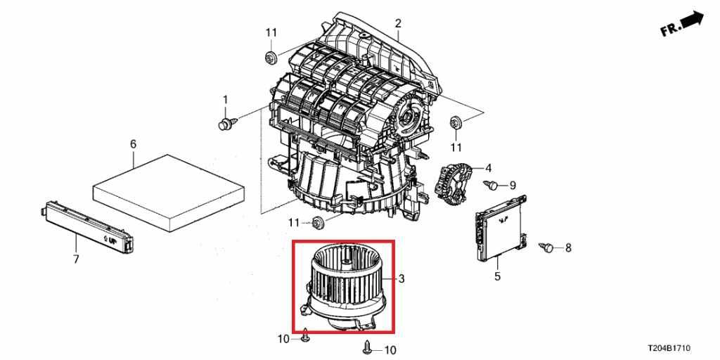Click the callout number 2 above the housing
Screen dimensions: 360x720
[x=397, y=24]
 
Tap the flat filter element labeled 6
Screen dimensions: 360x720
[x=169, y=191]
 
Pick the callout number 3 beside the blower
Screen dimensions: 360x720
[x=401, y=279]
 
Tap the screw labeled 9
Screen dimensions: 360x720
[x=493, y=185]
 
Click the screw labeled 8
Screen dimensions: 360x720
[x=546, y=247]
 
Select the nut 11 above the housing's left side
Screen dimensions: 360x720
[x=270, y=56]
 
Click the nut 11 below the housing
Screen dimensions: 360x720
[x=317, y=224]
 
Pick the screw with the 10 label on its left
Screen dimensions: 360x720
[x=305, y=338]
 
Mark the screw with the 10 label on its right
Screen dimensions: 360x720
[x=367, y=347]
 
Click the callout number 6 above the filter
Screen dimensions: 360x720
[x=133, y=144]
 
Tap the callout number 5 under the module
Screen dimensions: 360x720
[x=497, y=277]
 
